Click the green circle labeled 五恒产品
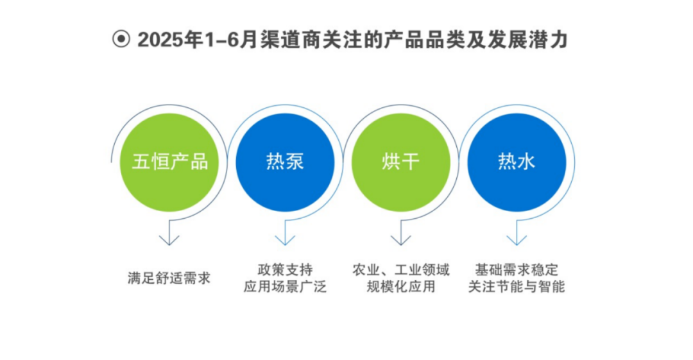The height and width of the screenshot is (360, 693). pyautogui.click(x=170, y=162)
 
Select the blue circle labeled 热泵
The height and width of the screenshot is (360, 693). pyautogui.click(x=285, y=162)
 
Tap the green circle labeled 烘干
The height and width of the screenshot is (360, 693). pyautogui.click(x=400, y=162)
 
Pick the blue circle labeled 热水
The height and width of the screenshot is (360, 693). pyautogui.click(x=517, y=162)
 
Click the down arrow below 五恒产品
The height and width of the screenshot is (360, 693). pyautogui.click(x=169, y=239)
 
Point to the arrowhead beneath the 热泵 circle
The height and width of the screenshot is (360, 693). pyautogui.click(x=285, y=239)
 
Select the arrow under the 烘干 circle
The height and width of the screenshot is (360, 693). pyautogui.click(x=400, y=239)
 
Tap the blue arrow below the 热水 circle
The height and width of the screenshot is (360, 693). pyautogui.click(x=517, y=239)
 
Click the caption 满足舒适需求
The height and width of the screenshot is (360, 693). pyautogui.click(x=169, y=279)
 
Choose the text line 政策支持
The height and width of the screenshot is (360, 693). pyautogui.click(x=285, y=270)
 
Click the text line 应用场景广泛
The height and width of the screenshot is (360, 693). pyautogui.click(x=285, y=287)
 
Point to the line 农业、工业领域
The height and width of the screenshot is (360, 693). pyautogui.click(x=401, y=270)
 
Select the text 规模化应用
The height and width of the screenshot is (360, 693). pyautogui.click(x=401, y=287)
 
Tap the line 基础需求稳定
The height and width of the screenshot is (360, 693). pyautogui.click(x=517, y=270)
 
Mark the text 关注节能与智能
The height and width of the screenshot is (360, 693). pyautogui.click(x=517, y=287)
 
